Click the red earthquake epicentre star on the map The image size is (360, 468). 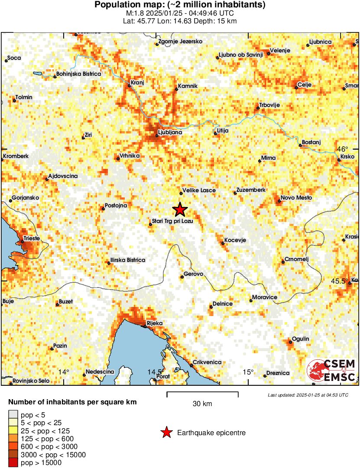point(180,210)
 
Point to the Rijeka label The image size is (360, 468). point(154,323)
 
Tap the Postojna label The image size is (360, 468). point(116,206)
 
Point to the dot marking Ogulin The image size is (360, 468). point(291,342)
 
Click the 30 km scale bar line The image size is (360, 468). point(202,393)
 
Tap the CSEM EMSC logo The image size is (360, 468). point(332,371)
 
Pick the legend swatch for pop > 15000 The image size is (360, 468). point(13,463)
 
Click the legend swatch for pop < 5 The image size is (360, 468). point(13,415)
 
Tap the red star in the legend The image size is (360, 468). point(166,432)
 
